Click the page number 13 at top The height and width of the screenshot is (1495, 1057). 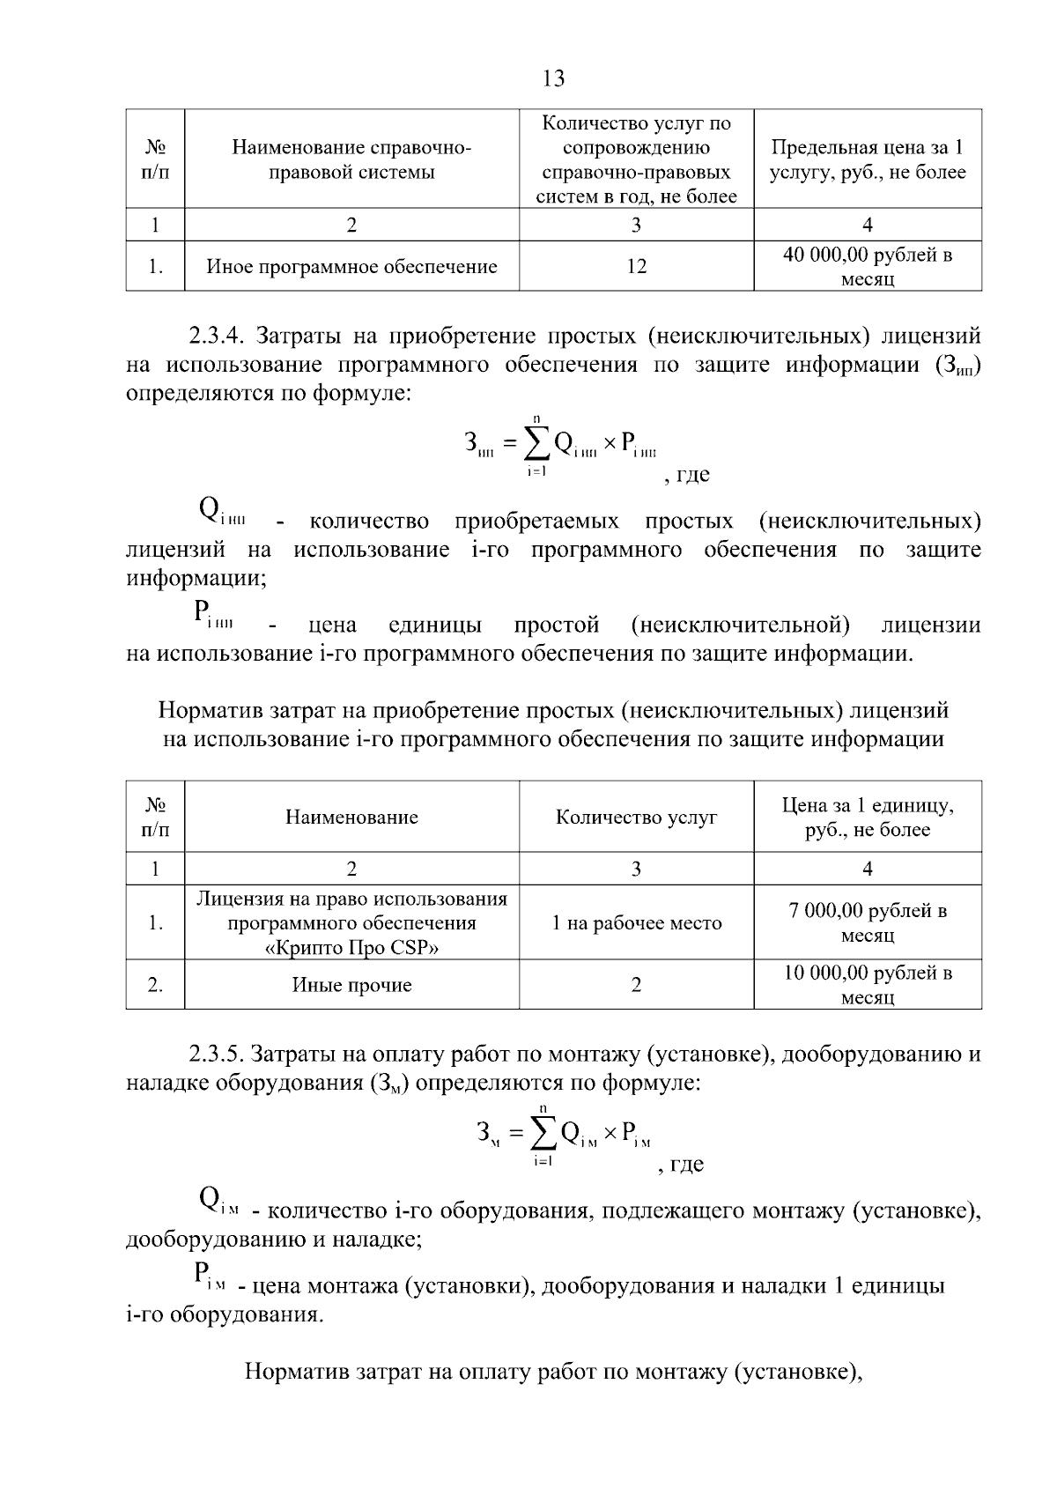(554, 78)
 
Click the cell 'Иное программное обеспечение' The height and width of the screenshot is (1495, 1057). (351, 266)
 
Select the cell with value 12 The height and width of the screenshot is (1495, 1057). (636, 266)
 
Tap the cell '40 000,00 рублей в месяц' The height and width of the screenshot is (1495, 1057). (868, 267)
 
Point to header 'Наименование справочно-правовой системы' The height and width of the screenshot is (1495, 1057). (351, 159)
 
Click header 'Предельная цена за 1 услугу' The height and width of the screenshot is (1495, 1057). (868, 159)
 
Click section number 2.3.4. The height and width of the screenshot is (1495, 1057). (220, 336)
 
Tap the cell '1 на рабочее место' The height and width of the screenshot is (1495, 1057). (636, 923)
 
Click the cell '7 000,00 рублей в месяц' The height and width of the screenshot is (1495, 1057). (868, 922)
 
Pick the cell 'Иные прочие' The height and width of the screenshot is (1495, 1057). (351, 985)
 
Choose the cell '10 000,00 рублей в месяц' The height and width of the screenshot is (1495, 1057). (868, 985)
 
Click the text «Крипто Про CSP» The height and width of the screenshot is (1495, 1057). (351, 948)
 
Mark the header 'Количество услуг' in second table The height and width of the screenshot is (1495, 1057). (636, 818)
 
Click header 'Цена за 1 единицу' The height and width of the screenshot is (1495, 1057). (868, 805)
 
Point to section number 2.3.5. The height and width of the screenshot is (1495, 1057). (220, 1054)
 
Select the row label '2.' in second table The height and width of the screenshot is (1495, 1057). (155, 985)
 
